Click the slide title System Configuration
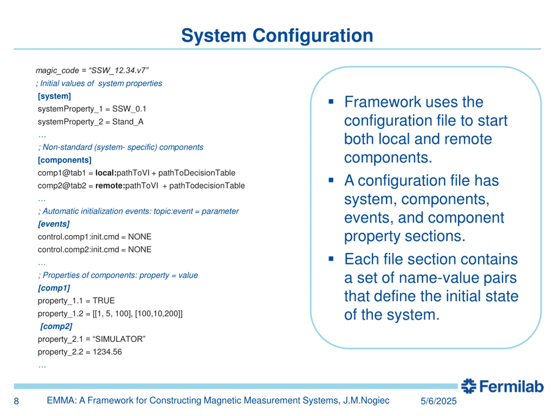click(x=277, y=36)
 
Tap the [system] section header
click(x=54, y=96)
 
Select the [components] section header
click(x=64, y=160)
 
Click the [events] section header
click(x=54, y=224)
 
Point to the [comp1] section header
click(x=54, y=288)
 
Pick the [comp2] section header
click(x=56, y=326)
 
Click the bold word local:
click(x=106, y=173)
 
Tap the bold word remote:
click(x=110, y=185)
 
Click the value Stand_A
click(x=128, y=122)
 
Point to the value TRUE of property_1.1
click(x=104, y=300)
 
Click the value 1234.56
click(x=107, y=352)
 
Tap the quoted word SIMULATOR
click(x=119, y=339)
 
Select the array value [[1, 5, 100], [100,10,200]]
click(x=137, y=314)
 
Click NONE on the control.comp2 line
click(x=140, y=250)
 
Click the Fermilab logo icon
click(x=468, y=386)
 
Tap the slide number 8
click(x=16, y=401)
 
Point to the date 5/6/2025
click(x=438, y=401)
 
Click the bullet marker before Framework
click(x=331, y=102)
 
